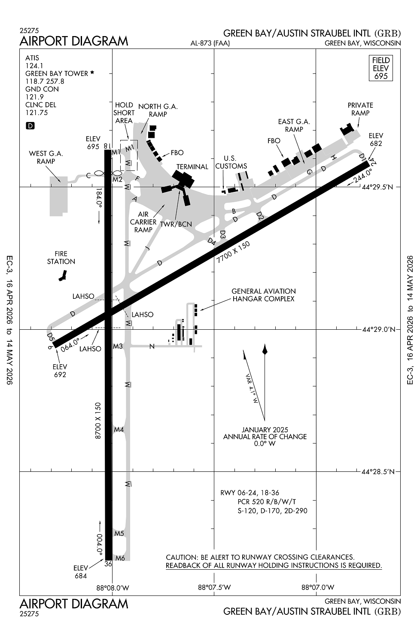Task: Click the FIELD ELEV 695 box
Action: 380,68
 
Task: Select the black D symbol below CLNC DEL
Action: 30,126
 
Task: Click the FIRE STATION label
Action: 61,258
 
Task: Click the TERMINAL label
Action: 192,167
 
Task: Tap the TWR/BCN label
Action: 176,224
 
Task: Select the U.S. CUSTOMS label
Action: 231,162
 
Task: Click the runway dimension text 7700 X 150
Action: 233,252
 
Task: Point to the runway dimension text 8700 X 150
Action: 98,420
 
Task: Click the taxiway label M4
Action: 119,429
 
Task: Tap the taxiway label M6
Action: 120,558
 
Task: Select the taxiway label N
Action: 152,346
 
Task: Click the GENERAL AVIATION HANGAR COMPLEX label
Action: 263,295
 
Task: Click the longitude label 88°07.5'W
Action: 214,587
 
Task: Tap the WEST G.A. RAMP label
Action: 46,157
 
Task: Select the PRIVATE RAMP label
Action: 360,109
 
